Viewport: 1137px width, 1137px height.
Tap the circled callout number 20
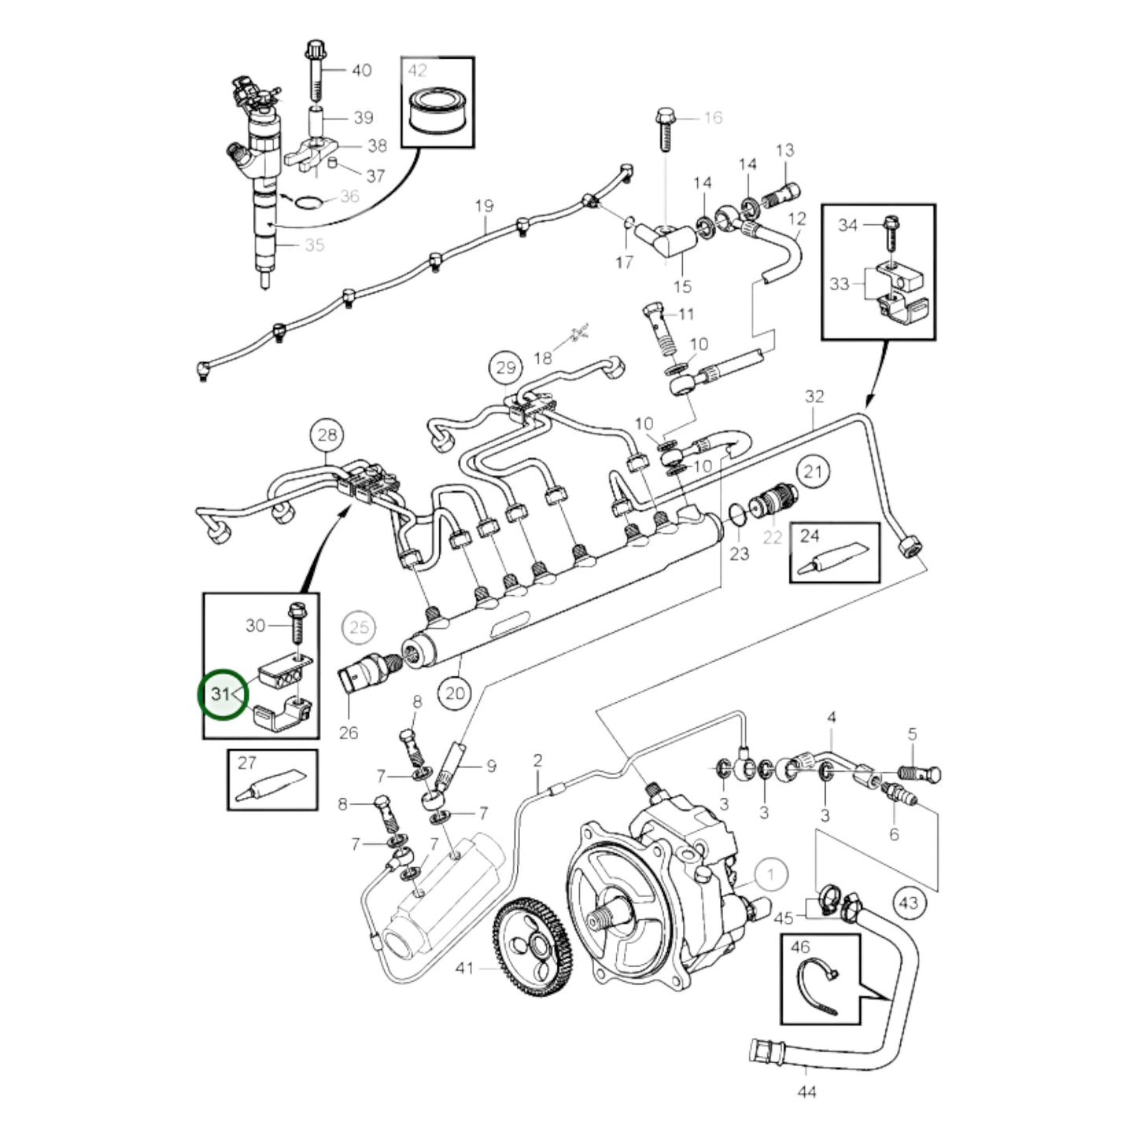(456, 693)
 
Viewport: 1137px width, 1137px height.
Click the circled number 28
(327, 434)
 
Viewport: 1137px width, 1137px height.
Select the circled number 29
(506, 367)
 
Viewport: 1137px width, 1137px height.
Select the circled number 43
(909, 902)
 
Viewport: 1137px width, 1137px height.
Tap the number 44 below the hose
(807, 1091)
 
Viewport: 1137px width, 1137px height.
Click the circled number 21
(813, 471)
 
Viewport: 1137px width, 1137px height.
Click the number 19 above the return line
(484, 205)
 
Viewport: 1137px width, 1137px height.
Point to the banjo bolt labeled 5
(921, 773)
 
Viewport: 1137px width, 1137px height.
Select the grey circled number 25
(359, 627)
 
